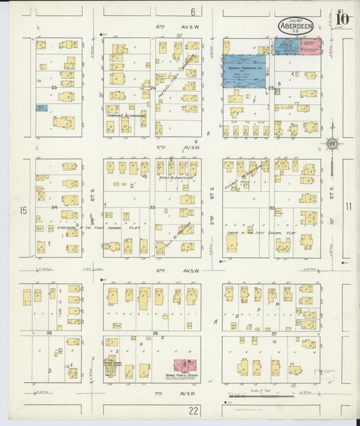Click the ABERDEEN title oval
(x=295, y=26)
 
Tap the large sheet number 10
(x=342, y=18)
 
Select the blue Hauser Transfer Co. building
(x=245, y=72)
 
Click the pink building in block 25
(x=311, y=47)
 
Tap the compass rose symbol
(x=332, y=142)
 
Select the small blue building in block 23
(x=42, y=107)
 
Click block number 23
(x=53, y=87)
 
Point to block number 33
(x=153, y=207)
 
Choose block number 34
(x=53, y=207)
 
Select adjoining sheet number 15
(x=24, y=211)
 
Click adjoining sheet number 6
(x=192, y=11)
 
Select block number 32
(x=272, y=208)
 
